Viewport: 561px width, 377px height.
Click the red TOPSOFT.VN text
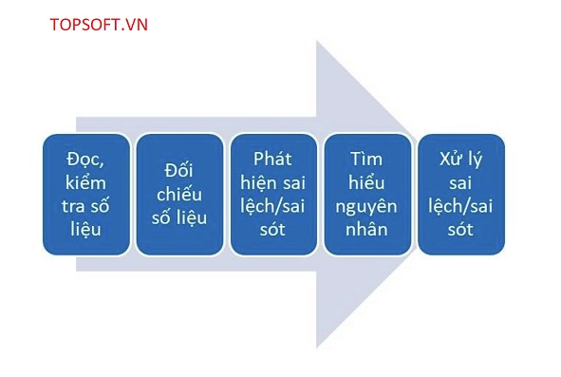click(99, 25)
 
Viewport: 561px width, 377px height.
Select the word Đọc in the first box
click(84, 159)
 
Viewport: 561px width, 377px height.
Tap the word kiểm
click(85, 182)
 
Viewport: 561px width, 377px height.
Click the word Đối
click(178, 170)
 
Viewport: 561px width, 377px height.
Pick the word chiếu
click(179, 194)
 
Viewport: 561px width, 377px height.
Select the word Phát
click(272, 159)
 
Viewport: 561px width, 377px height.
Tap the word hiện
click(259, 182)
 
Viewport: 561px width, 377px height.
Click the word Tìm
click(366, 159)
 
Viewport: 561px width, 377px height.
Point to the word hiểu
click(366, 182)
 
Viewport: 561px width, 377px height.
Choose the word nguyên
click(366, 207)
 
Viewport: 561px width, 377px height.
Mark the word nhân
click(366, 229)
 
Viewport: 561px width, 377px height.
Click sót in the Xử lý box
click(460, 230)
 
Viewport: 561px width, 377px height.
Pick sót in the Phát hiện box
click(272, 230)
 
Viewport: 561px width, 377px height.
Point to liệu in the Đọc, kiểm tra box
click(85, 230)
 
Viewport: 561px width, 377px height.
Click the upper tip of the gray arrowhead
click(317, 41)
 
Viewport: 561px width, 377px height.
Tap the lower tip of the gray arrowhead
click(317, 348)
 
